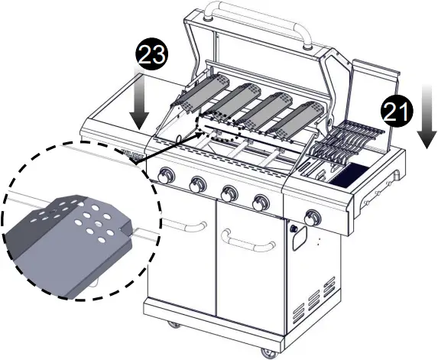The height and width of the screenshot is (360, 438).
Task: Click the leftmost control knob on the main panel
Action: pyautogui.click(x=165, y=180)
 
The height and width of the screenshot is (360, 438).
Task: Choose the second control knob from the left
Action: pyautogui.click(x=196, y=184)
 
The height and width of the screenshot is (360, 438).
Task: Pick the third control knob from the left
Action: pyautogui.click(x=228, y=190)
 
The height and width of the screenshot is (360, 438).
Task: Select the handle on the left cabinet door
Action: pyautogui.click(x=187, y=225)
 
